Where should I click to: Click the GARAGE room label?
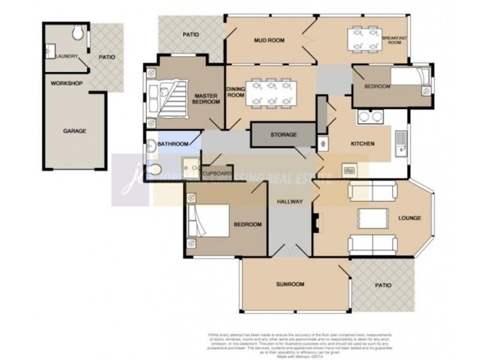(x=75, y=130)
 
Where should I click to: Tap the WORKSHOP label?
(x=67, y=83)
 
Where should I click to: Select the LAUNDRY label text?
(x=67, y=56)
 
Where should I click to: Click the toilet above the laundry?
(x=77, y=32)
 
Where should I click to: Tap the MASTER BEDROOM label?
(x=206, y=99)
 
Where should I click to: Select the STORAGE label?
(x=283, y=135)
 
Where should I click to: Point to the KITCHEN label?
(x=362, y=144)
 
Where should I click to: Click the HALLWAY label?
(x=290, y=202)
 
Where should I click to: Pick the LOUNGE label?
(x=409, y=218)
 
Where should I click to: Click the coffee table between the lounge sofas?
(x=373, y=217)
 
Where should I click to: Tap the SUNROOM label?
(x=290, y=284)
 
